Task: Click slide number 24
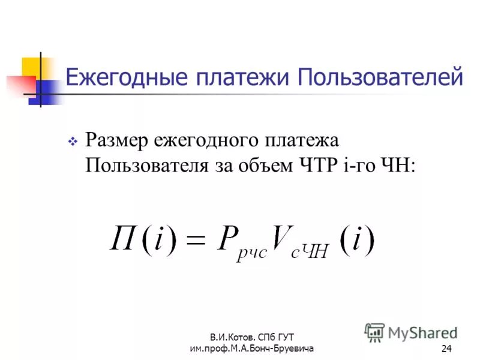446,349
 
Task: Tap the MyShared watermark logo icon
375,332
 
